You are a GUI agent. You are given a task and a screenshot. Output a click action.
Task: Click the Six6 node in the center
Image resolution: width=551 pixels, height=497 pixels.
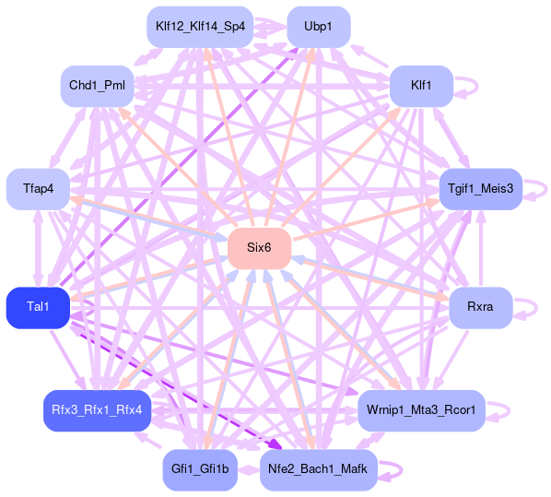coord(259,248)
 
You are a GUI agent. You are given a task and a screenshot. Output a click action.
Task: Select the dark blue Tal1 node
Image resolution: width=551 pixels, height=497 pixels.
coord(38,308)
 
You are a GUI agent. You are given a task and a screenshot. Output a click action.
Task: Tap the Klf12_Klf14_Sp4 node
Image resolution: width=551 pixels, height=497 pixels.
coord(200,27)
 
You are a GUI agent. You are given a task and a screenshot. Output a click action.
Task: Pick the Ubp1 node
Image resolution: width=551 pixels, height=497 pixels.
coord(319,27)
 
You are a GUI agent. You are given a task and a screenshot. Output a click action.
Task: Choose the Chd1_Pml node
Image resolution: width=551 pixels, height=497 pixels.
coord(98,86)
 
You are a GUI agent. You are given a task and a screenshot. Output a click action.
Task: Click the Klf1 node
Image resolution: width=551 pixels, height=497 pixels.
coord(421,86)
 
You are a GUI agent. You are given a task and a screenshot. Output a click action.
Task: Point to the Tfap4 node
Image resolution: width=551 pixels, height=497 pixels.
coord(38,189)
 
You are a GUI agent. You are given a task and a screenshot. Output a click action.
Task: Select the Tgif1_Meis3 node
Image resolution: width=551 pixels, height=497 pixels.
coord(481,189)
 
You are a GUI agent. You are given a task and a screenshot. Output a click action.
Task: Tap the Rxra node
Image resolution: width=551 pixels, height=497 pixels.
coord(481,308)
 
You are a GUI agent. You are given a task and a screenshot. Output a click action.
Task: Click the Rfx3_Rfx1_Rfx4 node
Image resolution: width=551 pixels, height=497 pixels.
coord(98,410)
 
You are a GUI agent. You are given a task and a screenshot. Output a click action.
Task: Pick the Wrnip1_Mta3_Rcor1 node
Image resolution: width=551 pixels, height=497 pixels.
coord(421,410)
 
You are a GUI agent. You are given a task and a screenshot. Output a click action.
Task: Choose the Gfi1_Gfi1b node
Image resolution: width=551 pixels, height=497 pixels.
coord(200,470)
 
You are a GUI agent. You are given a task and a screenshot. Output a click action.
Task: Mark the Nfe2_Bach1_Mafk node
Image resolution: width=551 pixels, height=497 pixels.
coord(319,470)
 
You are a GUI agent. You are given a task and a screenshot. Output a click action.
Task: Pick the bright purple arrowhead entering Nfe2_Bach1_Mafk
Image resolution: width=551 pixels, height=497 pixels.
coord(277,445)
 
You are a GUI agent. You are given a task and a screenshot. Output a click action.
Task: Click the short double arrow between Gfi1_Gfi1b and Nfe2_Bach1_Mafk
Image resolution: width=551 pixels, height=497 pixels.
coord(249,470)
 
